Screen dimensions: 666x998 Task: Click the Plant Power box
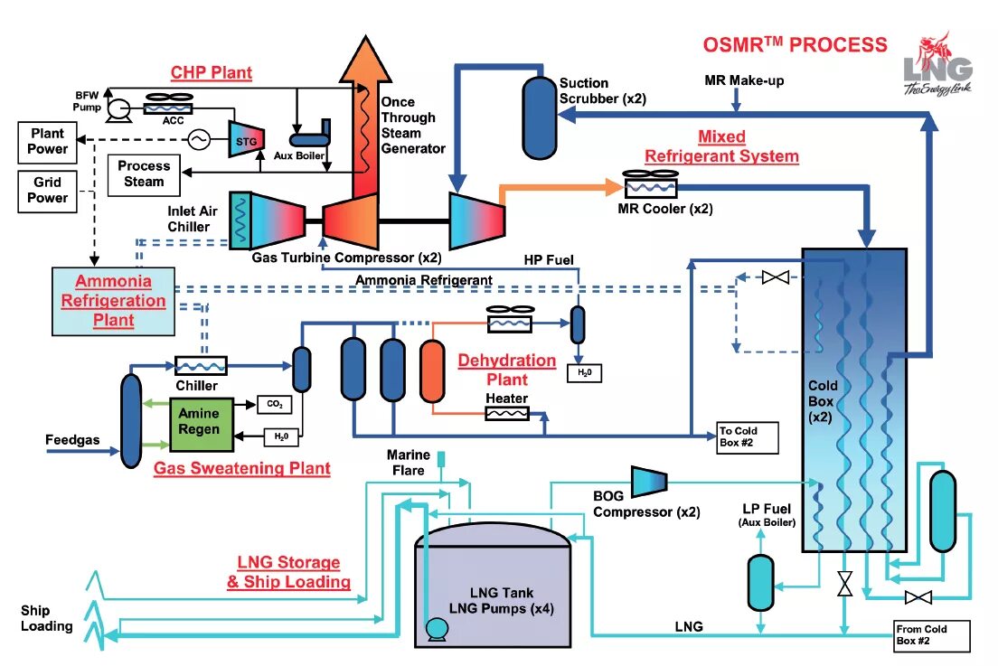pos(48,141)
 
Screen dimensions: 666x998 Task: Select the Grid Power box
pos(48,190)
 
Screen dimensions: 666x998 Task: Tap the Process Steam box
pos(144,174)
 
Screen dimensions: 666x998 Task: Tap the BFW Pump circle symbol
pos(116,110)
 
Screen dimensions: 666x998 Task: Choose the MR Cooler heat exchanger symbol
pos(647,187)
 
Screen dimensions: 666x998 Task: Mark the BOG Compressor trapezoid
pos(646,481)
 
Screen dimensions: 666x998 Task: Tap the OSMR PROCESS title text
pos(796,44)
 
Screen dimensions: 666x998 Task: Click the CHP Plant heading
pos(212,72)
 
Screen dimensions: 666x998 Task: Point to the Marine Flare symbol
pos(442,459)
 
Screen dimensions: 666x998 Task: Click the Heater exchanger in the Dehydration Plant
pos(508,413)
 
